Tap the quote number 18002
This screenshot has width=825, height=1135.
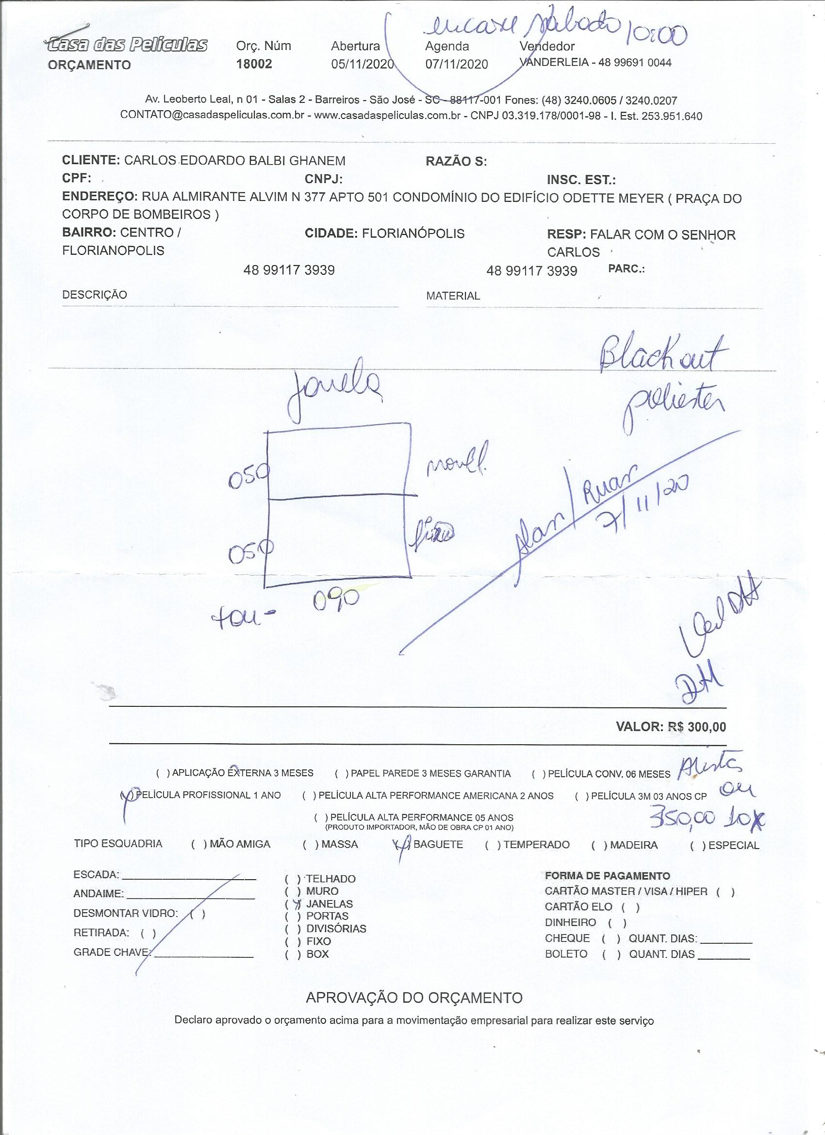254,64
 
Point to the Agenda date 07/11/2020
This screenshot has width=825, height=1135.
456,64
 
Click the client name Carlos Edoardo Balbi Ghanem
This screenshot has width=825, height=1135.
235,161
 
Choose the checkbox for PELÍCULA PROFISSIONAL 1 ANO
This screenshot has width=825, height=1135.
127,795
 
